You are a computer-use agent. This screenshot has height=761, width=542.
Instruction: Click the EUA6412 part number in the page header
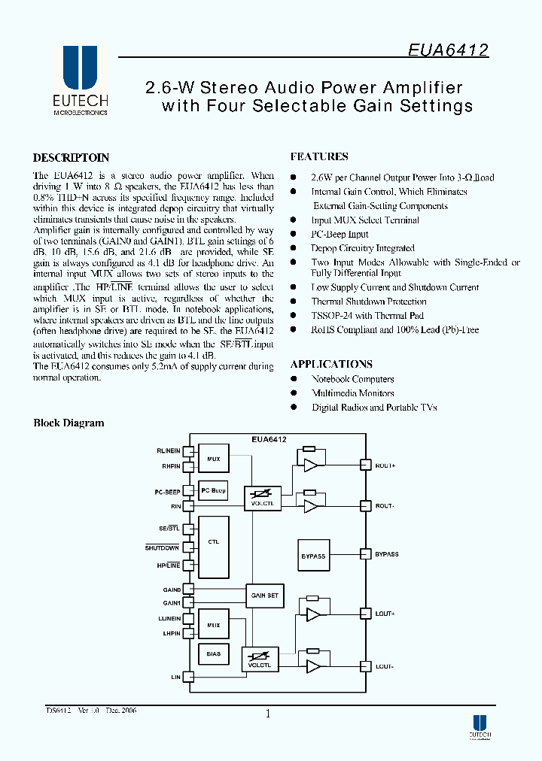448,50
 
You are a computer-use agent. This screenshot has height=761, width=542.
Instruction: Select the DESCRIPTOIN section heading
71,158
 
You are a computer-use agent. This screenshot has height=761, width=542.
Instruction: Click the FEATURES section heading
319,156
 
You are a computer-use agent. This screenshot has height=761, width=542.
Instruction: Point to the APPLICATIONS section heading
331,364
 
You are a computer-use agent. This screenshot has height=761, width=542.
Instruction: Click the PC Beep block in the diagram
213,490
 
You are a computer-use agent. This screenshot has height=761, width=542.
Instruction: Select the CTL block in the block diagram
213,542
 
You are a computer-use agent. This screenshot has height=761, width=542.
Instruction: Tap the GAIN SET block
264,596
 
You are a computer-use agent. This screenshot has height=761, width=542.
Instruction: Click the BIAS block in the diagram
213,654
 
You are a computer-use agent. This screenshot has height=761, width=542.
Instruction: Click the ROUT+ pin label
385,465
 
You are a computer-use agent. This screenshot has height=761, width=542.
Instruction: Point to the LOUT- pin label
385,666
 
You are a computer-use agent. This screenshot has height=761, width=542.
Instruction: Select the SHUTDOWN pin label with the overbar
162,547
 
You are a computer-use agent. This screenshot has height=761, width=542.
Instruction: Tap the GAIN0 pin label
171,590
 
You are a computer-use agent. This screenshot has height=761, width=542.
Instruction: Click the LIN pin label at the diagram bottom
175,677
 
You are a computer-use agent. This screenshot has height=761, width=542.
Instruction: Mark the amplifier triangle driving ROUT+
311,465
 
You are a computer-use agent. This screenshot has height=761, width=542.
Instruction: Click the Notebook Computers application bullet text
352,379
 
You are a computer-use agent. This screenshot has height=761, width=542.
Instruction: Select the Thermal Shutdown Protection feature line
369,302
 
